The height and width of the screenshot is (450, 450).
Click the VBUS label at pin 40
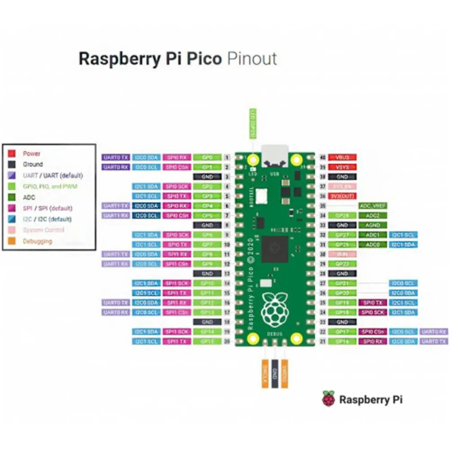coord(342,157)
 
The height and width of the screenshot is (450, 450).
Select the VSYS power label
coord(342,167)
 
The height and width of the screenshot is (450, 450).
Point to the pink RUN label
coord(342,254)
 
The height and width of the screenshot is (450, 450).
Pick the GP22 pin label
coord(342,264)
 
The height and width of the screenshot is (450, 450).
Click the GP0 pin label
coord(207,157)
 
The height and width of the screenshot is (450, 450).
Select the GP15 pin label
coord(207,342)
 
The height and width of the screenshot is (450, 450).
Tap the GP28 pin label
coord(342,216)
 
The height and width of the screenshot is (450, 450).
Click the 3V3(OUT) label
coord(342,196)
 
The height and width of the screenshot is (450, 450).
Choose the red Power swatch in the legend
coord(13,153)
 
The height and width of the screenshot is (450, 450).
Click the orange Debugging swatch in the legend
coord(13,241)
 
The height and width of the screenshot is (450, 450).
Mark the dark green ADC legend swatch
coord(13,197)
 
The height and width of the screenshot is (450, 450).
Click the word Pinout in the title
coord(252,59)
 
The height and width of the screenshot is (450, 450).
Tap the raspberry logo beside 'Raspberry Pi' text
coord(328,399)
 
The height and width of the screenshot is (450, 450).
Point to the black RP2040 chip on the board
coord(275,249)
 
